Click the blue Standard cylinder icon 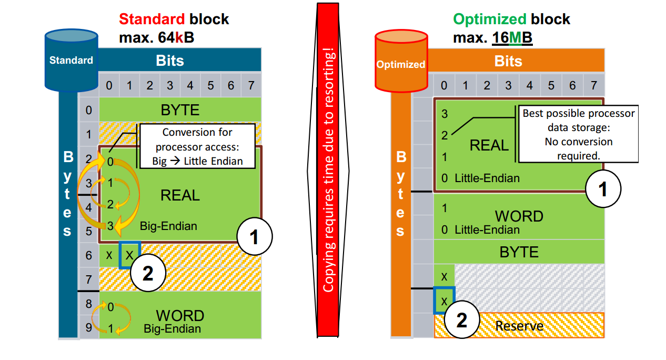[x=71, y=59]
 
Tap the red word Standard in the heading [x=152, y=19]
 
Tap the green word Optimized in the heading [x=489, y=19]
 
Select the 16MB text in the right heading [x=512, y=38]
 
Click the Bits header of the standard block [x=170, y=61]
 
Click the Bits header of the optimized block [x=508, y=62]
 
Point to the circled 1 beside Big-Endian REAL [x=255, y=237]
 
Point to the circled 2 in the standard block [x=148, y=274]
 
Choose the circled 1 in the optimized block [x=603, y=188]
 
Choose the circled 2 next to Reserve [x=461, y=321]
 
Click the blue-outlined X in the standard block [x=129, y=255]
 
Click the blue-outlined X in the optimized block [x=444, y=301]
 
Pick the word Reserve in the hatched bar [x=519, y=326]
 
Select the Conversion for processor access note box [x=197, y=146]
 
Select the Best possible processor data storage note [x=578, y=135]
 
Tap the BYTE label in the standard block [x=180, y=110]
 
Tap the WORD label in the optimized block [x=519, y=216]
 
